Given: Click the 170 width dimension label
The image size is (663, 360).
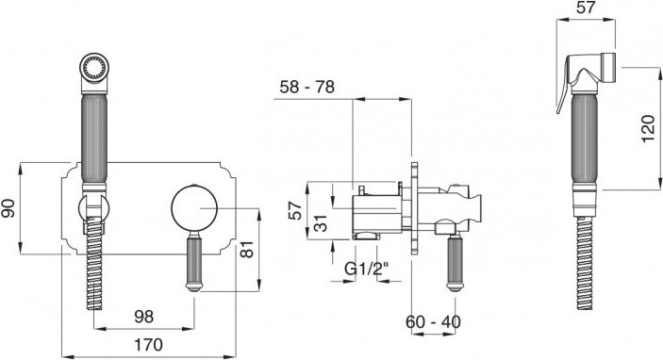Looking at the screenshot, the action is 148,345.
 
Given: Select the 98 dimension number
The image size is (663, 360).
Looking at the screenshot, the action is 144,317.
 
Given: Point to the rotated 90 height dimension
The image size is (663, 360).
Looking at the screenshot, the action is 8,208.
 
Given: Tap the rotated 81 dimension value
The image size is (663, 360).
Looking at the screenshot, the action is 247,250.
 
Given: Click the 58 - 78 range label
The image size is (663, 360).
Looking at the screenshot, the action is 307,87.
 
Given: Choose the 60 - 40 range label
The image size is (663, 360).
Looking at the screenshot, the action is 434,322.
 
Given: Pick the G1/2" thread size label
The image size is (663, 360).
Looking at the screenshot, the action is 366,269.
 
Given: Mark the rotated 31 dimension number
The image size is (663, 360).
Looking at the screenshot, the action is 321,222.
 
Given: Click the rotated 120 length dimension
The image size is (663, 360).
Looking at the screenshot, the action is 648,129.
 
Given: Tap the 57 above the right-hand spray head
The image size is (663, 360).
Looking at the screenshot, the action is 586,8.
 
